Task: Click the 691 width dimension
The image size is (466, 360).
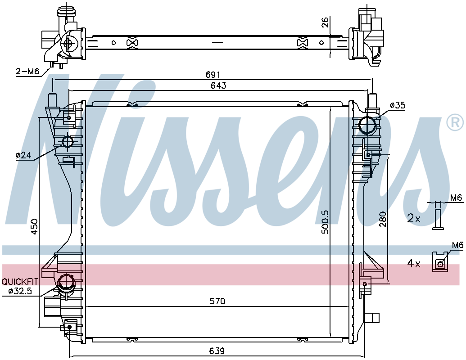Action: coord(213,75)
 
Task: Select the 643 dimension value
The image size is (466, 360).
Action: coord(218,85)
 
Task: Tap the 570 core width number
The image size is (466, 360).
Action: coord(217,301)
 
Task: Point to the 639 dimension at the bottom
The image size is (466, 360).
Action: coord(217,351)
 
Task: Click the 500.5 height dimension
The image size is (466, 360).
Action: coord(326,222)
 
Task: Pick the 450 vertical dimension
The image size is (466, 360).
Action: coord(35,227)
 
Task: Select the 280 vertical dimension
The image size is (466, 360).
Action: coord(383,219)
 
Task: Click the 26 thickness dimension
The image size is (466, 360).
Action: coord(326,22)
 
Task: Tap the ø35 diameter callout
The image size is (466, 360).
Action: coord(398,105)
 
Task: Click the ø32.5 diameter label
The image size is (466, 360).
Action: coord(20,291)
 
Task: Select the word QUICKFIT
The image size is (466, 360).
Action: coord(20,281)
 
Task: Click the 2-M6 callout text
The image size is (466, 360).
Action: coord(27,71)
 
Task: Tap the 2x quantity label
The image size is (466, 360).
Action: coord(414,219)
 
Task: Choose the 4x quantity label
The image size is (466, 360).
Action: coord(414,263)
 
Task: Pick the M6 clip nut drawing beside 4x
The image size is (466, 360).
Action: coord(440,262)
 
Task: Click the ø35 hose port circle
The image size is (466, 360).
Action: coord(368,126)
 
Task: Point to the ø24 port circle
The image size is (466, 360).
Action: coord(68,141)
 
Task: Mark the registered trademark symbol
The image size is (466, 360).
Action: coord(455,121)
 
